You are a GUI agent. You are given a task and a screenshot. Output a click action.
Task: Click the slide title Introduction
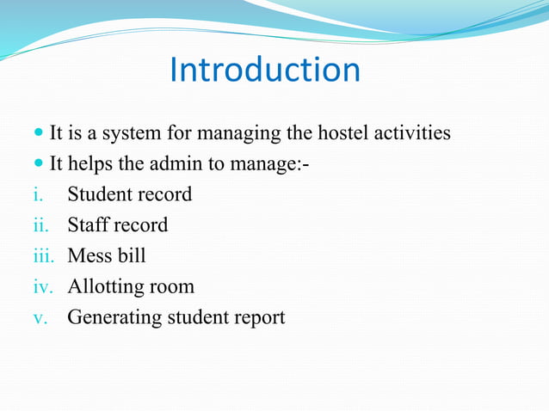tap(265, 71)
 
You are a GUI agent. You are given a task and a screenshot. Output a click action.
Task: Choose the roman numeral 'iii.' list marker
tap(43, 256)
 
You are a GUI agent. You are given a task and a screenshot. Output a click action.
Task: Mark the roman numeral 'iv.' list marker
tap(42, 286)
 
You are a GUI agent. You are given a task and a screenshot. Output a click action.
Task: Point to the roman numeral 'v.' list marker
tap(39, 317)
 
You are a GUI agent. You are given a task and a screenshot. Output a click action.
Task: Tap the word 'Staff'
tap(88, 225)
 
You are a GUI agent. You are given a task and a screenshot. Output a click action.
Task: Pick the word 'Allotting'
tap(105, 287)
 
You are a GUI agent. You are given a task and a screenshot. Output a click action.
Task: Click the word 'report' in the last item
tap(256, 318)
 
